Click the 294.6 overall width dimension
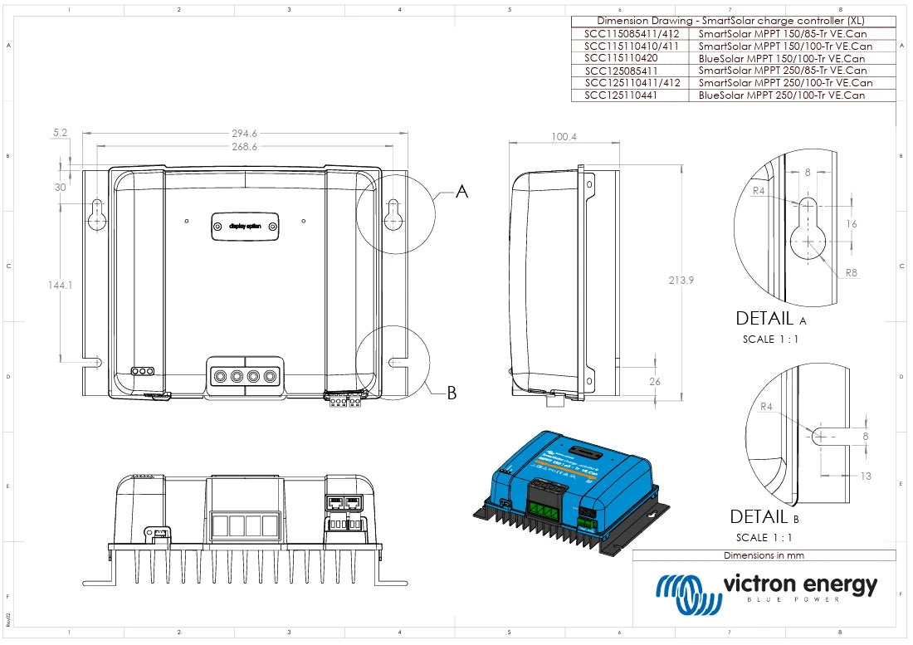(x=244, y=133)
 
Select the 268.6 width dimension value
(x=244, y=146)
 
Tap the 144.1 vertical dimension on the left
(x=61, y=285)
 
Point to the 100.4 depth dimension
(x=564, y=136)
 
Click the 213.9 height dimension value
(x=681, y=281)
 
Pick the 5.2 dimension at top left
(x=60, y=133)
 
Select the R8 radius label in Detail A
(x=851, y=272)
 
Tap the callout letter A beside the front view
(x=462, y=192)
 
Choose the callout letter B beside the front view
(x=452, y=393)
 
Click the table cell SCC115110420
(x=621, y=59)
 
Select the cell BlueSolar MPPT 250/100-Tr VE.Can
(x=781, y=95)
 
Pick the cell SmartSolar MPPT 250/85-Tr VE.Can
(x=783, y=71)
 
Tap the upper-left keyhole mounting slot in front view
(x=97, y=214)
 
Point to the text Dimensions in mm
(x=764, y=555)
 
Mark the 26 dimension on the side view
(x=656, y=382)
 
